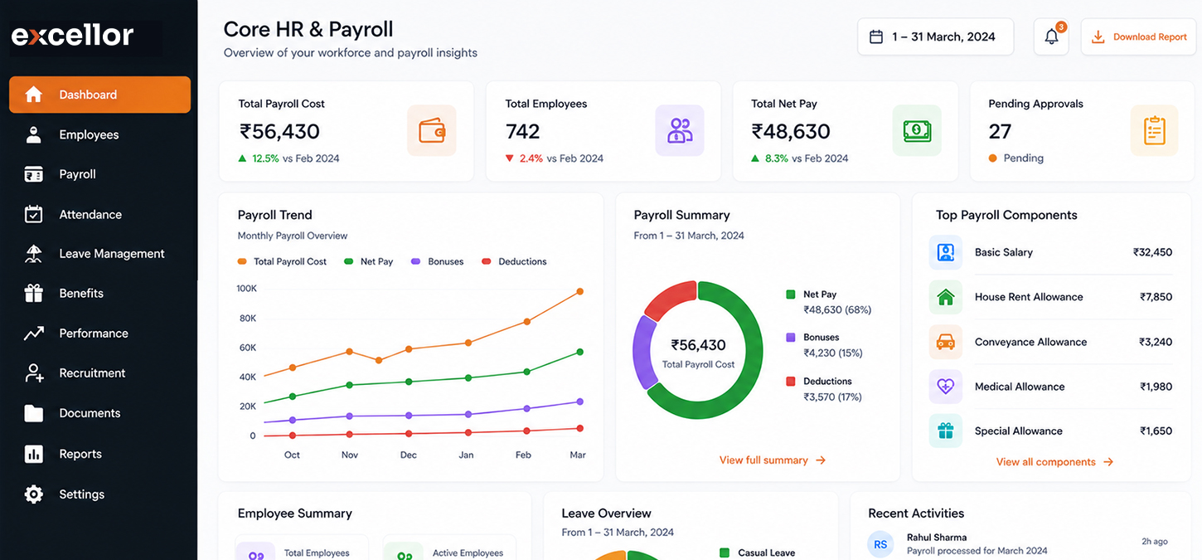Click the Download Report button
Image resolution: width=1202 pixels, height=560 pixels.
(1138, 37)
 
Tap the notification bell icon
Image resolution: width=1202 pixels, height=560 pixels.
(1051, 37)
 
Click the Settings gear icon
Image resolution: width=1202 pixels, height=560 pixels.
(34, 494)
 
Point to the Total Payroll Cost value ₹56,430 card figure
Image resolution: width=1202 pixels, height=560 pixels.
(279, 132)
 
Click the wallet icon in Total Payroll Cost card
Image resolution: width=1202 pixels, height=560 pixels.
(431, 130)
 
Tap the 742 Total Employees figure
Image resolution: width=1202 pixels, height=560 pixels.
(522, 132)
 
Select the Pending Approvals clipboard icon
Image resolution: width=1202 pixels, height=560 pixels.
(1154, 130)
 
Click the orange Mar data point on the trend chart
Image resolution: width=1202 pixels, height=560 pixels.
(580, 291)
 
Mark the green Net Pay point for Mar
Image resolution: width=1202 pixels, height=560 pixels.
(580, 353)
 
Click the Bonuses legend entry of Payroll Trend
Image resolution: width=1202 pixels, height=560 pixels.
(438, 261)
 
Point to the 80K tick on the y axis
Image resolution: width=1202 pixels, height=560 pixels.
(248, 319)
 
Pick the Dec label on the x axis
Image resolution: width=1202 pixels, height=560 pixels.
(409, 455)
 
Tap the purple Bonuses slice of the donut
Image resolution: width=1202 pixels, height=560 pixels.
(644, 352)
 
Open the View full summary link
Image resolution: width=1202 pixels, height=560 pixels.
(772, 460)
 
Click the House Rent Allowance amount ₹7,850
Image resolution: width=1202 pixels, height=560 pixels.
(1156, 297)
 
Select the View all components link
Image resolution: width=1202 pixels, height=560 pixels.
(1054, 462)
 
